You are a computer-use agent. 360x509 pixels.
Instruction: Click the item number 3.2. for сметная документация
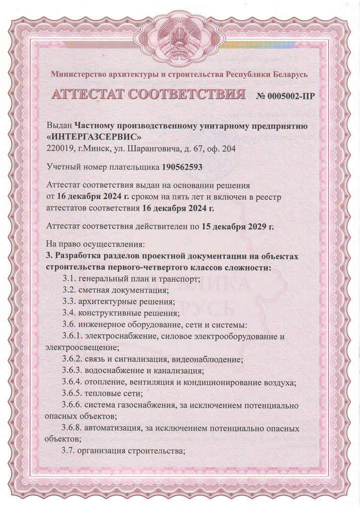(x=70, y=290)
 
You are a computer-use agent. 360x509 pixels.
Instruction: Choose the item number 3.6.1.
(x=74, y=337)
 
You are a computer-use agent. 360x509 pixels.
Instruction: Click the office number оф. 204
(x=221, y=148)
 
